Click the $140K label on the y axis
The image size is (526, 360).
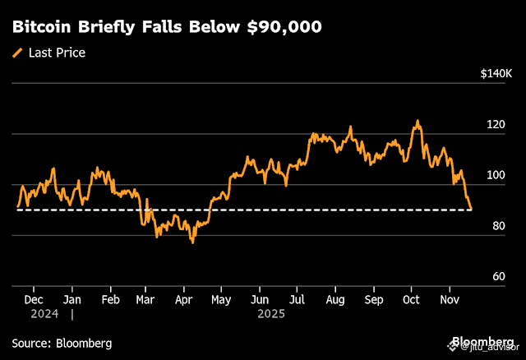tap(496, 74)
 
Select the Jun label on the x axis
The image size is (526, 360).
tap(259, 300)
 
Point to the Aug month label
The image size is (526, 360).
tap(335, 300)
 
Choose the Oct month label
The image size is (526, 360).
tap(410, 300)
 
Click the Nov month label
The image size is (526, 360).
tap(449, 300)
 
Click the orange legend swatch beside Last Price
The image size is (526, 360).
tap(17, 53)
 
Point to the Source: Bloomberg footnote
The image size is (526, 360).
tap(62, 343)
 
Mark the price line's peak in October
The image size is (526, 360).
tap(418, 120)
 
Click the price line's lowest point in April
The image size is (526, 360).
tap(192, 242)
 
